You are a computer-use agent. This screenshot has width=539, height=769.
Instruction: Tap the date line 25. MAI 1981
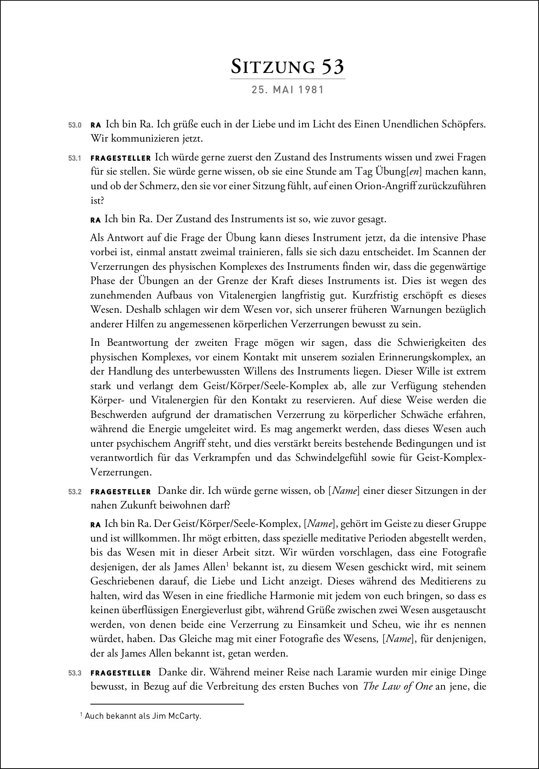coord(288,90)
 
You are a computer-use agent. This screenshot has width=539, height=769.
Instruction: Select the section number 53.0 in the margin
coord(75,125)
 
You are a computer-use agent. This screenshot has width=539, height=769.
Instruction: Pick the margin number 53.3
coord(75,673)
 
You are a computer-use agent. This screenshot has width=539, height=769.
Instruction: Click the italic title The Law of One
coord(398,687)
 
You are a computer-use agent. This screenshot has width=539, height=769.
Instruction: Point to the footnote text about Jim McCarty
coord(141,716)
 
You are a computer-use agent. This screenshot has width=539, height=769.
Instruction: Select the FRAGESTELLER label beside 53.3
coord(121,673)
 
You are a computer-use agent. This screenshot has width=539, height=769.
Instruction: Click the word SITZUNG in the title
coord(273,67)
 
